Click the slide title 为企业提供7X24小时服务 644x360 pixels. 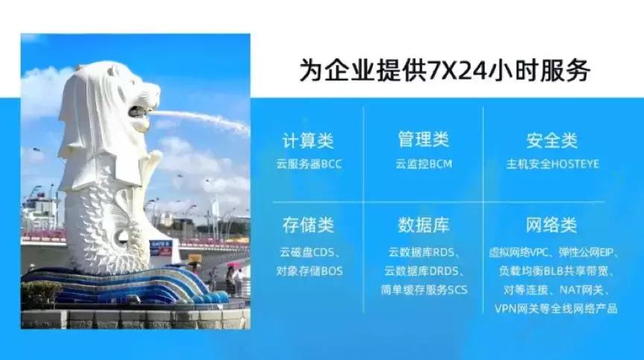pyautogui.click(x=444, y=71)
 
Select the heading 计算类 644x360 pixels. pyautogui.click(x=308, y=140)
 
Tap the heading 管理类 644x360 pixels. pyautogui.click(x=423, y=139)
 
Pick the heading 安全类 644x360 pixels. pyautogui.click(x=552, y=140)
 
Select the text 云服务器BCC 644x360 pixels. pyautogui.click(x=309, y=164)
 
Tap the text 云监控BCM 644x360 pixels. pyautogui.click(x=423, y=164)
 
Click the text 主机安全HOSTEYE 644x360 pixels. pyautogui.click(x=552, y=164)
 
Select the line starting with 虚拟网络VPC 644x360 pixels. pyautogui.click(x=555, y=252)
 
